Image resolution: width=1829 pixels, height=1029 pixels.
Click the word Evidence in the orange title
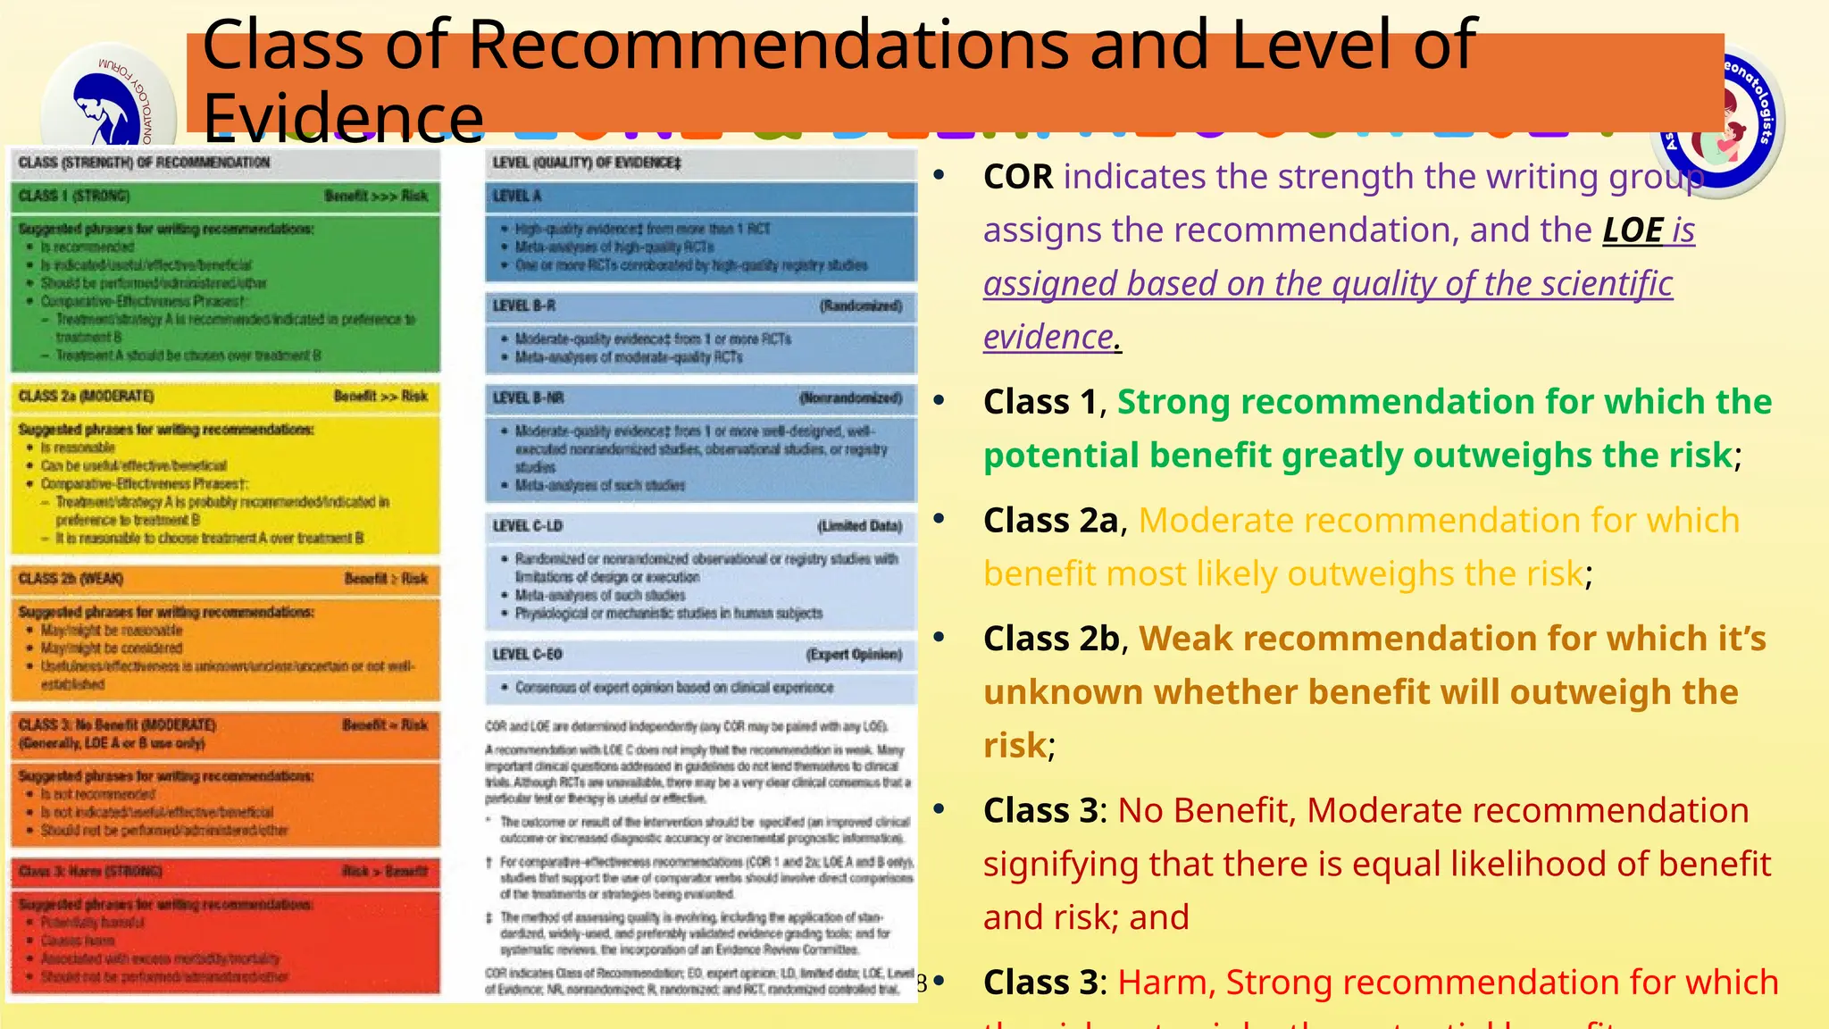(343, 117)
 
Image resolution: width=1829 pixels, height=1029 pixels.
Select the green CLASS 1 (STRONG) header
(75, 196)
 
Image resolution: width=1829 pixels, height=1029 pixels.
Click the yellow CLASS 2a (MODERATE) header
(87, 396)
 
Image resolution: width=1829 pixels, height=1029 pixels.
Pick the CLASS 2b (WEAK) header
(71, 579)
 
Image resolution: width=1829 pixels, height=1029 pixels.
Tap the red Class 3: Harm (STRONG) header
(90, 871)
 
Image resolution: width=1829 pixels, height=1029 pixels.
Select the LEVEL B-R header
(524, 305)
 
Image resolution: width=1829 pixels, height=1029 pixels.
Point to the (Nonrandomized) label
(850, 397)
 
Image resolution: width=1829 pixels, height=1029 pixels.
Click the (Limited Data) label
(859, 526)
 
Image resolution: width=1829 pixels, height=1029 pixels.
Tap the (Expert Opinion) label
(854, 655)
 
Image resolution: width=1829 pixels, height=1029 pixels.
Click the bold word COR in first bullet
(1018, 177)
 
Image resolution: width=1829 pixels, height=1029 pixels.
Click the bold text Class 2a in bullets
(1050, 520)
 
